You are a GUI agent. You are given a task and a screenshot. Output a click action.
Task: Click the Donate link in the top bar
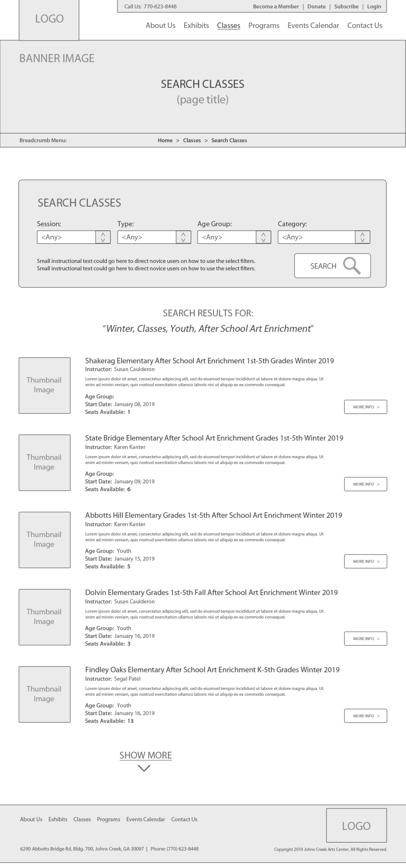point(316,6)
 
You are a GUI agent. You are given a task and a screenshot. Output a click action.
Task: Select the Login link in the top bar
point(374,6)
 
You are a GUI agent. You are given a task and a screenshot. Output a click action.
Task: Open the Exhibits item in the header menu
point(196,25)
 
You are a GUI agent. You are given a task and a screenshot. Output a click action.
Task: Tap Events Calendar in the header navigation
point(313,25)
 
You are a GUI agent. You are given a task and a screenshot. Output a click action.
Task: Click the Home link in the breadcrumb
point(165,140)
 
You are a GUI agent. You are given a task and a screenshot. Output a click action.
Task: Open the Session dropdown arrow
point(103,237)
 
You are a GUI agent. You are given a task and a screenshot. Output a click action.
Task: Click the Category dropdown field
point(316,237)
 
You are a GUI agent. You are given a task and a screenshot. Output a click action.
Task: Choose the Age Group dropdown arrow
point(263,237)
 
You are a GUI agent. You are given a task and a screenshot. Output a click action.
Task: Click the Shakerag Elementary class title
point(209,361)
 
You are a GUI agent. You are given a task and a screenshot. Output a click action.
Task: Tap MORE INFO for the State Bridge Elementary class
point(365,484)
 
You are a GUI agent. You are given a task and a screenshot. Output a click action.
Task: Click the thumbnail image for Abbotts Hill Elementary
point(45,540)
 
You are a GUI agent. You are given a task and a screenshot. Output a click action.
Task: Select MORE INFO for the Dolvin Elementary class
point(365,638)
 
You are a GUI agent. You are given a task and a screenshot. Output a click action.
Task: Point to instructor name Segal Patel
point(127,679)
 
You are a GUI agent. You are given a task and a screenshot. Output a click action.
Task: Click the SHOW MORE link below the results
point(145,755)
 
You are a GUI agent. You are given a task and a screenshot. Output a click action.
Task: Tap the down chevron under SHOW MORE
point(144,769)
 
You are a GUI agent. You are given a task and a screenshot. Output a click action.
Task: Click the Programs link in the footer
point(109,819)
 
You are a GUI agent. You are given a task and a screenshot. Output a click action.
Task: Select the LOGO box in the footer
point(356,825)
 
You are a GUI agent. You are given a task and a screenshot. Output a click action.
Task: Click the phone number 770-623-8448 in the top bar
point(160,6)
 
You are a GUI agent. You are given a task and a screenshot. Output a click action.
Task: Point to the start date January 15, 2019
point(134,559)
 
